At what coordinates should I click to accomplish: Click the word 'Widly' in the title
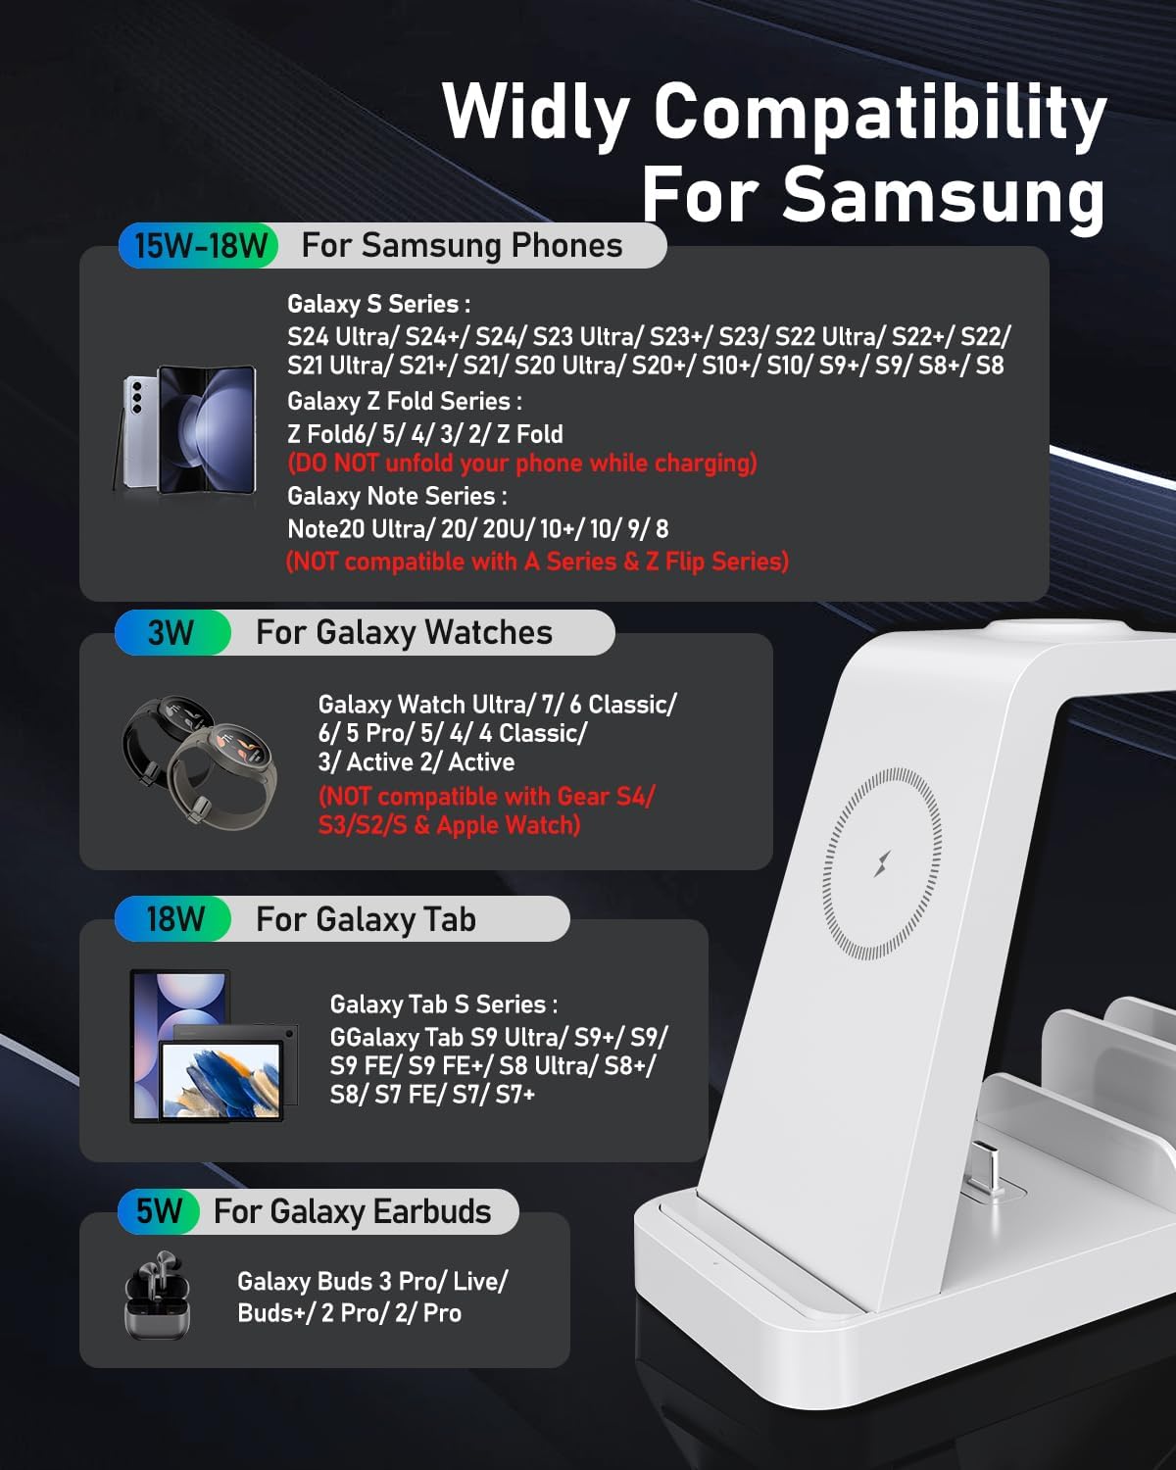tap(536, 113)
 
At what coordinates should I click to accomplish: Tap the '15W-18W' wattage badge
tap(200, 245)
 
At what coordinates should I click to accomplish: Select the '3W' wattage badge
tap(171, 633)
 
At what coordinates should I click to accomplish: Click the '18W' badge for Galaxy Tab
tap(174, 919)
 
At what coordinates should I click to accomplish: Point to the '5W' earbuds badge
tap(159, 1211)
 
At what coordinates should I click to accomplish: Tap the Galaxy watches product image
tap(200, 760)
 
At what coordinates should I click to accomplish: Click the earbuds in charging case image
tap(157, 1295)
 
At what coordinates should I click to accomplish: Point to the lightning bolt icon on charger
tap(882, 863)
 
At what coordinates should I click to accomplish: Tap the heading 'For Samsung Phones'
tap(462, 245)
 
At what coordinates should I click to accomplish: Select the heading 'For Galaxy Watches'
tap(404, 633)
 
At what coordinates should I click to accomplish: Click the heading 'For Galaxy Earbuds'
tap(353, 1212)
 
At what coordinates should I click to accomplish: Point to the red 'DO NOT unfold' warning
tap(521, 463)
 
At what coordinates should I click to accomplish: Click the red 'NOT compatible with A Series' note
tap(537, 562)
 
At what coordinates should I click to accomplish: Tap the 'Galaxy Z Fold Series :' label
tap(404, 401)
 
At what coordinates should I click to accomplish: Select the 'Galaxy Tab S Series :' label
tap(443, 1004)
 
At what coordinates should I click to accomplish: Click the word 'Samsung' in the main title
tap(943, 194)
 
